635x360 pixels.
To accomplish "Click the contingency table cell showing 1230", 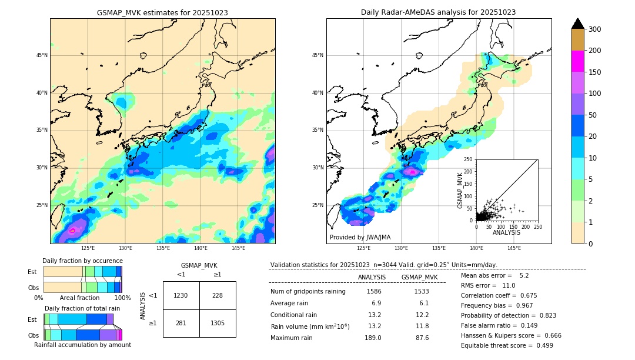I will coord(181,295).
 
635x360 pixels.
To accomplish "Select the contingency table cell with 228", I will coord(218,295).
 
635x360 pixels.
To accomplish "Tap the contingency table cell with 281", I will coord(181,323).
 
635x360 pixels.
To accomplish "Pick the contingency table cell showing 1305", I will coord(218,323).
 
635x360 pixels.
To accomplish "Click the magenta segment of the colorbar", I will coord(578,61).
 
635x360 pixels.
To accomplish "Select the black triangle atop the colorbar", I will coord(578,24).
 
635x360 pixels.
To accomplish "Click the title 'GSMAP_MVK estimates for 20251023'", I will coord(162,12).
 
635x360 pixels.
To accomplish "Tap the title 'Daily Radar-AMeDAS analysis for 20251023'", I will coord(439,12).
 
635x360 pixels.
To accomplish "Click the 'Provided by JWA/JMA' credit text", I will coord(360,238).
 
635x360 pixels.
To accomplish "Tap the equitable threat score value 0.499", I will coord(541,345).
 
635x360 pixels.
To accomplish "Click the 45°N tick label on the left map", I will coord(41,55).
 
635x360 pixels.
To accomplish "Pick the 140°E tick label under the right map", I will coord(476,249).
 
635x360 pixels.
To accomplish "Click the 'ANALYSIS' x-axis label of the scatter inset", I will coord(506,232).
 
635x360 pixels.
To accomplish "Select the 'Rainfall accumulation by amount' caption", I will coord(82,345).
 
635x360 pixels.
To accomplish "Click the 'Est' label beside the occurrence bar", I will coord(32,272).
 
